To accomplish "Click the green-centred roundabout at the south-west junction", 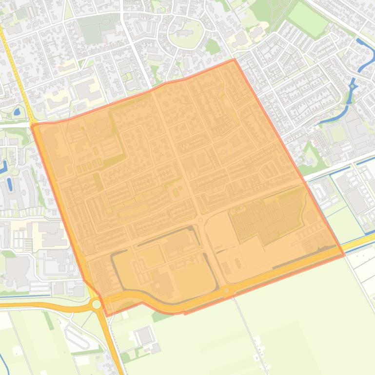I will [97, 304].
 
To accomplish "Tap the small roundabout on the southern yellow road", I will [226, 291].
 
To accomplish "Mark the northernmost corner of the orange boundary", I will [235, 59].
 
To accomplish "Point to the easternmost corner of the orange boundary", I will [344, 254].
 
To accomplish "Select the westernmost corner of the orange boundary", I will [32, 126].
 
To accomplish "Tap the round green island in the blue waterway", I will [352, 87].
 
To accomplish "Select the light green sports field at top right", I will [308, 19].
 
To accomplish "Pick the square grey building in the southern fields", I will [143, 336].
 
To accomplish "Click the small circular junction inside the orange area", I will [200, 221].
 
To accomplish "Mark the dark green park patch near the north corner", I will [213, 47].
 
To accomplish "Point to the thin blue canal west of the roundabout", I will [24, 295].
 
